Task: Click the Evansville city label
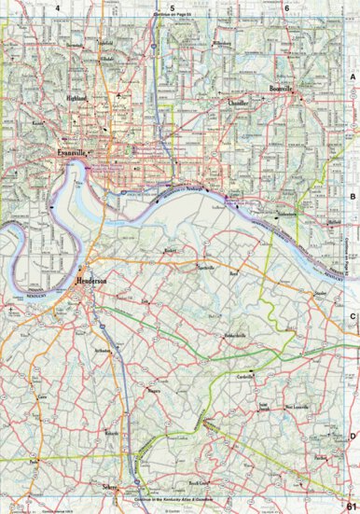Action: tap(71, 151)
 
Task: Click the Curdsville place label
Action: tap(247, 375)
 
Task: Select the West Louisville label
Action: tap(296, 408)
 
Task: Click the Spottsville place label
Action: tap(205, 268)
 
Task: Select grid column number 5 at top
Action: tap(172, 8)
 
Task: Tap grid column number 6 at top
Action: tap(286, 8)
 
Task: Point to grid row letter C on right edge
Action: tap(352, 315)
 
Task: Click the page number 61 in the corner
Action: tap(351, 505)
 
